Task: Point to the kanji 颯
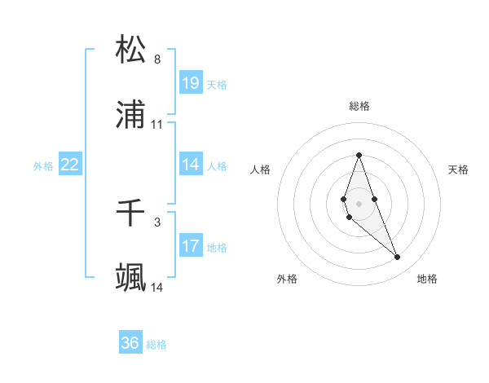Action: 131,278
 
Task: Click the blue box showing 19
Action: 191,83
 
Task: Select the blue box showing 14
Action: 191,165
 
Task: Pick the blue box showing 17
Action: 191,246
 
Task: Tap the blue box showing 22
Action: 70,165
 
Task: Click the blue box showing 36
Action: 130,343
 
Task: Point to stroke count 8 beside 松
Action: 157,59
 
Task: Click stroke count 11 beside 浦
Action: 157,125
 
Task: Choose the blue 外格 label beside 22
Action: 43,166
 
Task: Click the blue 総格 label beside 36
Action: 156,345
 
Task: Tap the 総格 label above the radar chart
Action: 359,106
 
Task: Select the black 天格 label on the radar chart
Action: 458,169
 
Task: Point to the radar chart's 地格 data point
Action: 398,258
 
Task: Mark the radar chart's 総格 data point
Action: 359,155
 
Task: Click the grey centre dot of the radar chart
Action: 359,203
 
